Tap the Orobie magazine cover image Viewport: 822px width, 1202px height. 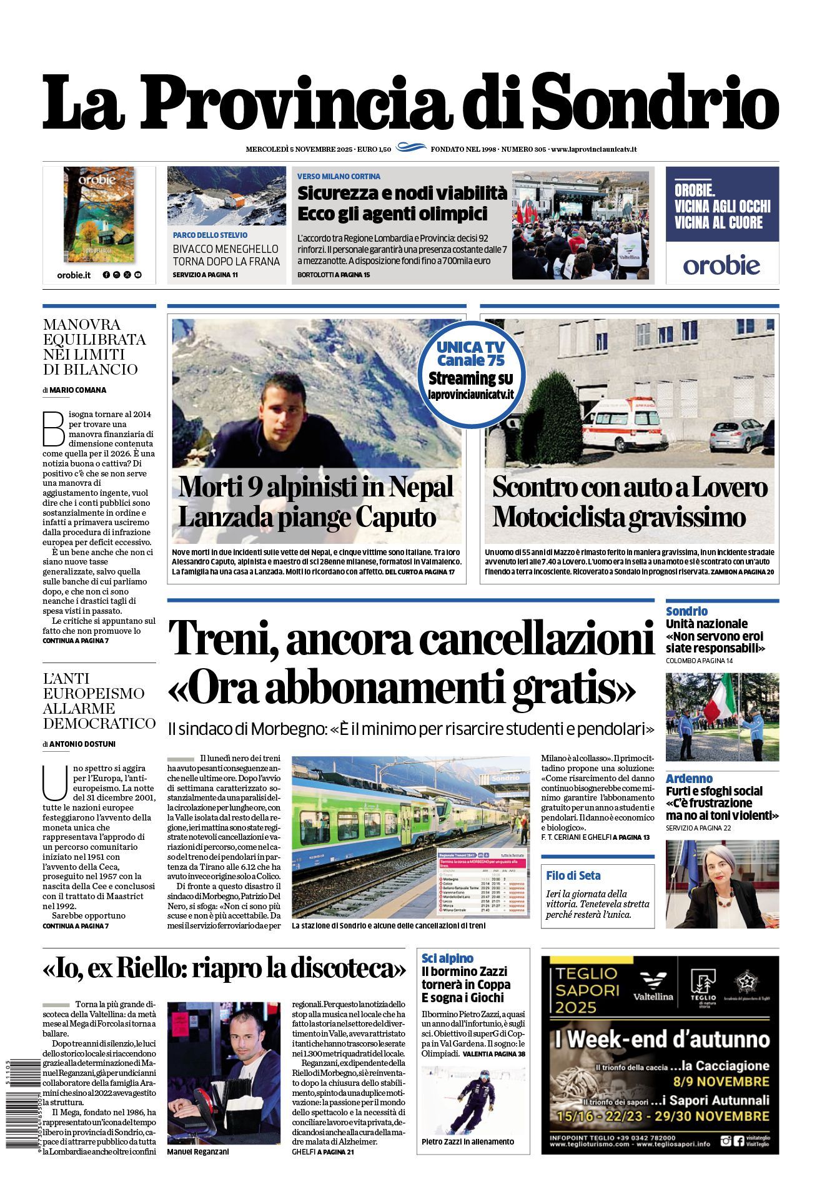click(x=99, y=214)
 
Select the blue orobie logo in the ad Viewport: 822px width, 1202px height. click(x=721, y=265)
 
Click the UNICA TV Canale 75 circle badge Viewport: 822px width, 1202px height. click(x=471, y=370)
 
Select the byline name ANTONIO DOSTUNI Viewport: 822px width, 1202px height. click(x=82, y=744)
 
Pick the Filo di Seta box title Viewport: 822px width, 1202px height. click(x=573, y=875)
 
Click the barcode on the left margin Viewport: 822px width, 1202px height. click(x=21, y=1103)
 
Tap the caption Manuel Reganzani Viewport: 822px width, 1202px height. click(x=198, y=1151)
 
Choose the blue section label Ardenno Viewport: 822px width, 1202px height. click(x=689, y=778)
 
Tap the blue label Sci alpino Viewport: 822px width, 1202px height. click(x=447, y=958)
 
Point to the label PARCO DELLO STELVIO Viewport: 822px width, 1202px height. click(x=210, y=235)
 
